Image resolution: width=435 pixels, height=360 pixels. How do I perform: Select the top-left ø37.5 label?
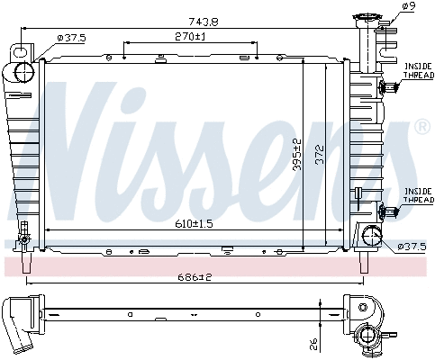pos(71,37)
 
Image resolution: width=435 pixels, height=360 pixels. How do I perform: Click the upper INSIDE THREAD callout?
pos(417,70)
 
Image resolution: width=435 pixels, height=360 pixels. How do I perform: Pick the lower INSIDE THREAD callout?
pos(417,194)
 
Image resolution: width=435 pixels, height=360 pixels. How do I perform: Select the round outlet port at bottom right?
pos(371,237)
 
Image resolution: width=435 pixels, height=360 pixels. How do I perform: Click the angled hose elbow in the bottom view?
pos(21,324)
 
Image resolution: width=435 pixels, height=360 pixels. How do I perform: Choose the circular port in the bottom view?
pos(367,337)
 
